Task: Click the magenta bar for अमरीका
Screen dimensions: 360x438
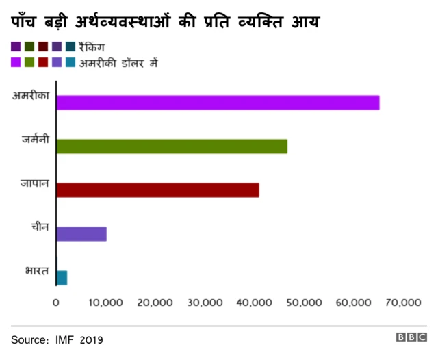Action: tap(218, 103)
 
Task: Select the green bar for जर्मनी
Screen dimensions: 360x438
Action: tap(172, 146)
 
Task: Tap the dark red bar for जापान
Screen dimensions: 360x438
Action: tap(157, 190)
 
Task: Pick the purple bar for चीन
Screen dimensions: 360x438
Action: tap(81, 234)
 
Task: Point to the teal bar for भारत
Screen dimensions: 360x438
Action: tap(62, 277)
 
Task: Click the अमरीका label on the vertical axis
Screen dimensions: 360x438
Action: tap(31, 96)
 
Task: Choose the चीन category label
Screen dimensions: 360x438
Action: tap(40, 227)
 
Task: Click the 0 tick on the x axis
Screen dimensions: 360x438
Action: tap(56, 302)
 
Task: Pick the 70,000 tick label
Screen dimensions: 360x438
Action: tap(402, 302)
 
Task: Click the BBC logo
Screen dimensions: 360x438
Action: tap(411, 337)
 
